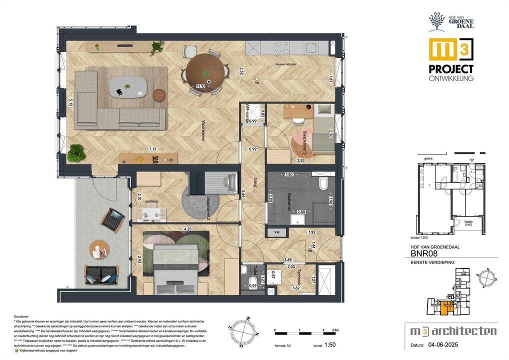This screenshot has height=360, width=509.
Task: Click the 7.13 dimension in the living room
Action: tap(151, 148)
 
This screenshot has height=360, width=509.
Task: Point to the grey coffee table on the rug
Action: tap(127, 86)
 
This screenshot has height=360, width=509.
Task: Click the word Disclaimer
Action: tap(21, 316)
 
